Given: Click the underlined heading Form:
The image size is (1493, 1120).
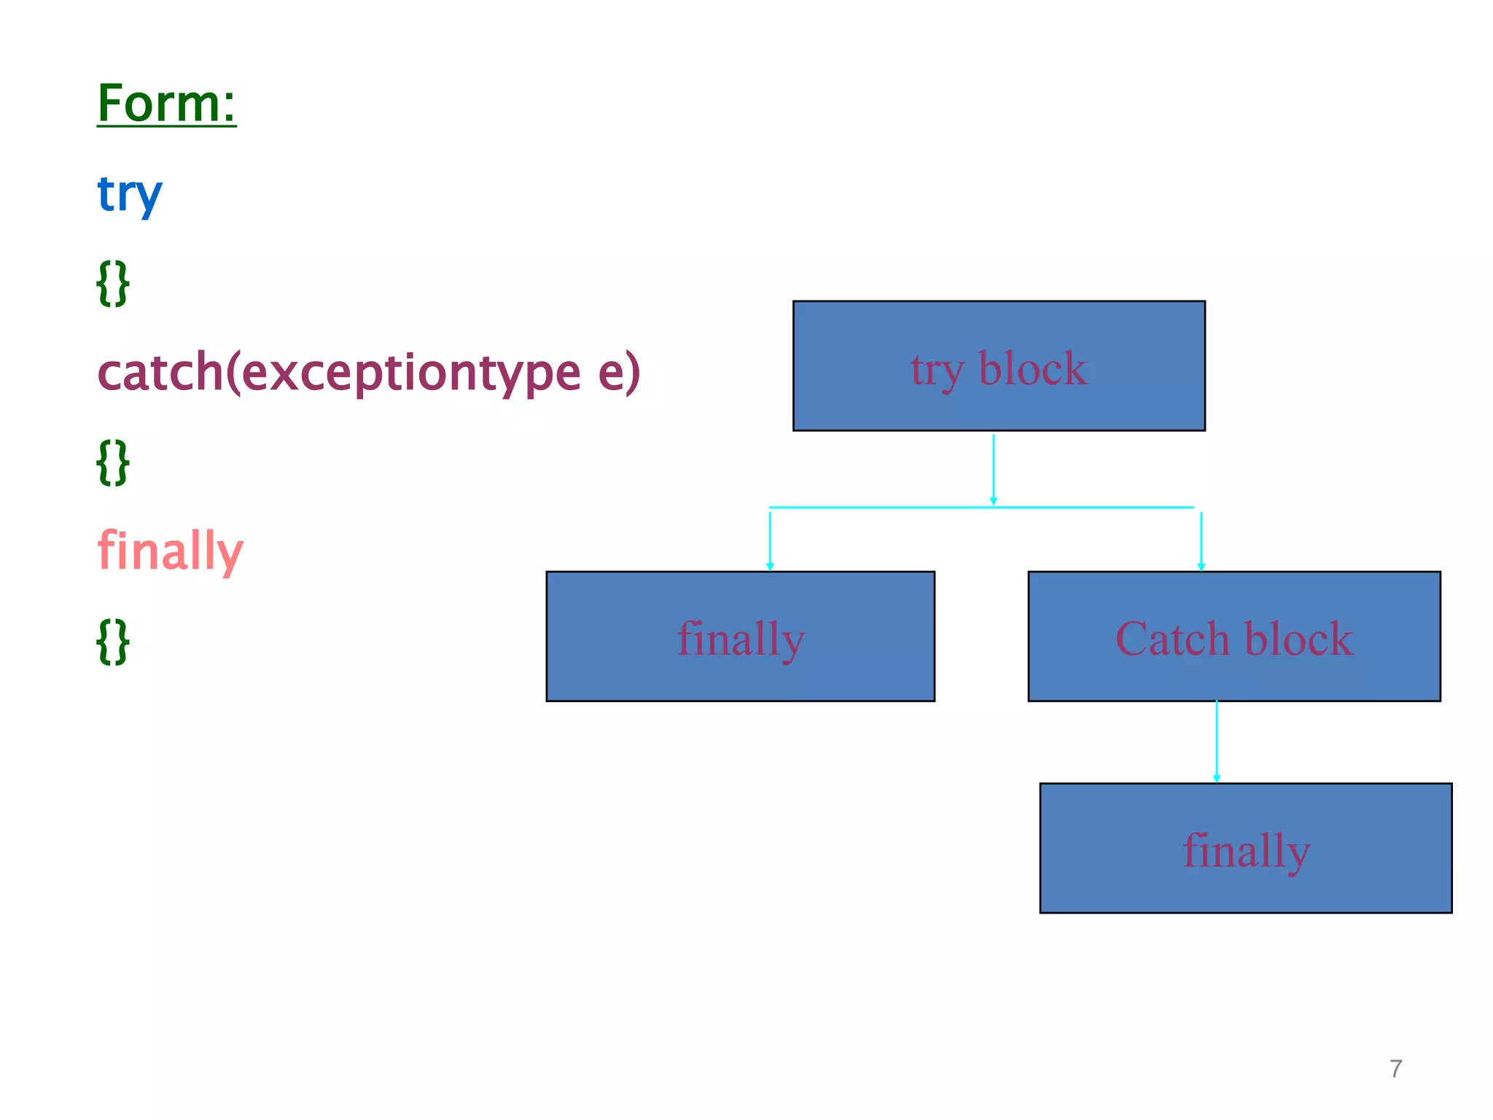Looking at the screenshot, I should pos(166,104).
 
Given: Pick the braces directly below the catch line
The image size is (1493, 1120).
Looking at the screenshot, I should pos(113,462).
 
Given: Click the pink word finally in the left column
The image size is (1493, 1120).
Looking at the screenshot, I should pos(170,551).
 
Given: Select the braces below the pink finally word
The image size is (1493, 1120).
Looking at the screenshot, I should pos(113,642).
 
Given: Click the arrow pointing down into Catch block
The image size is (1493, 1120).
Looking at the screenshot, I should pos(1201,540).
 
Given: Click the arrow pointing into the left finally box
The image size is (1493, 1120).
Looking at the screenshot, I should pos(770,540).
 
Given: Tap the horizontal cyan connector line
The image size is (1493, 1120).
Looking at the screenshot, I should pos(875,507).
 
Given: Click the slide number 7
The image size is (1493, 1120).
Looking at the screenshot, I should pos(1395,1069).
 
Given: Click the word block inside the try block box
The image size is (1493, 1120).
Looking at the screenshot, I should pos(1032,368).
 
